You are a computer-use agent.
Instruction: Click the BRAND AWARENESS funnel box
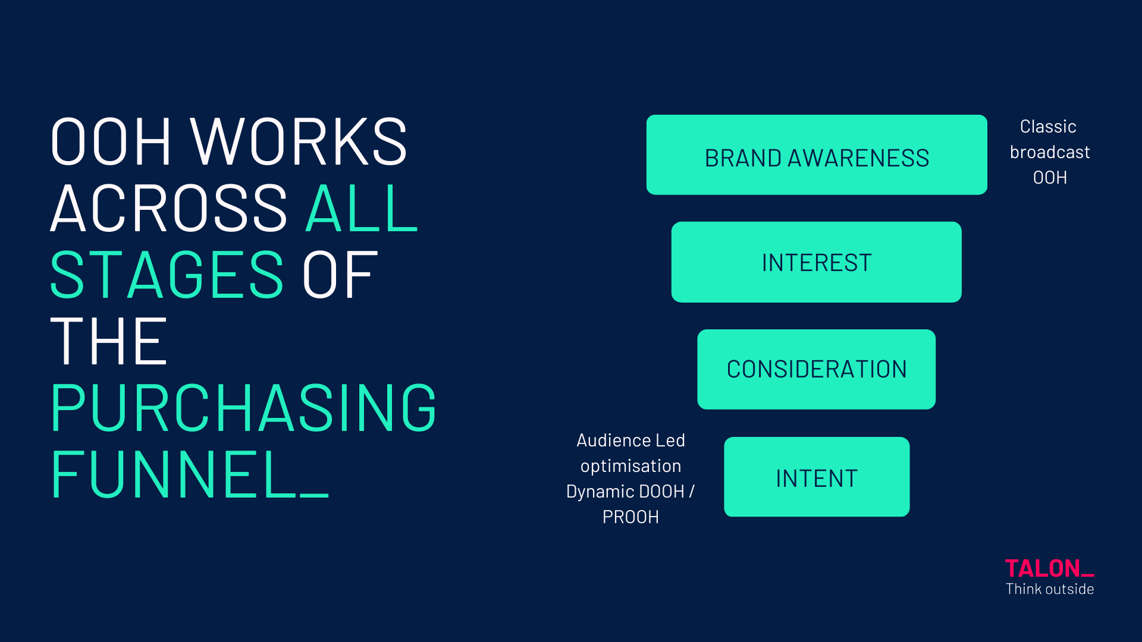tap(817, 155)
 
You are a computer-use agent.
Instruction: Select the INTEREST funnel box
tap(816, 262)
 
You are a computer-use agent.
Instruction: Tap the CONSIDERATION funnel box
tap(816, 369)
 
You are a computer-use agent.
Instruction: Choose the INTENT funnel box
tap(817, 477)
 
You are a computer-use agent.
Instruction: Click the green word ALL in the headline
tap(362, 208)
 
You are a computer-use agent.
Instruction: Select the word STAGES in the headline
tap(167, 275)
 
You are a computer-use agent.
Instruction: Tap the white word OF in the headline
tap(340, 275)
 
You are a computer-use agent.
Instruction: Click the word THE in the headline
tap(109, 341)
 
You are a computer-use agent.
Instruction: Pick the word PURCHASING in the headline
tap(244, 408)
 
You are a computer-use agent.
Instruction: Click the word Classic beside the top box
tap(1048, 127)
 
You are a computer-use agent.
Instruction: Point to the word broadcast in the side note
tap(1050, 152)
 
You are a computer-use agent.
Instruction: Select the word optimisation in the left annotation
tap(631, 466)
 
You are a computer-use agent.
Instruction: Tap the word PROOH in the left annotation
tap(630, 517)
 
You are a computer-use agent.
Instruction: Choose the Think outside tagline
tap(1050, 589)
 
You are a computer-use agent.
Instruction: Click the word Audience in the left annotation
tap(606, 440)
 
